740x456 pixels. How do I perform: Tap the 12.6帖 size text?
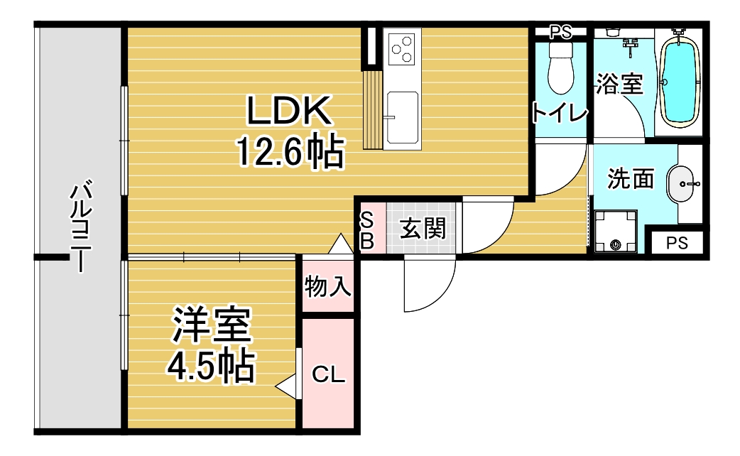click(290, 151)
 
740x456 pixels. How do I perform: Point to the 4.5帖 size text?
click(211, 365)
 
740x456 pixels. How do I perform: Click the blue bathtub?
click(679, 80)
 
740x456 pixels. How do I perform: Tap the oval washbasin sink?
click(682, 184)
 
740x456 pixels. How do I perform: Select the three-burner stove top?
click(402, 49)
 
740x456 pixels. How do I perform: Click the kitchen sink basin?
click(402, 117)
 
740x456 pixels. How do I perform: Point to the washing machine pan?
click(616, 232)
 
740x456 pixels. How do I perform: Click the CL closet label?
click(329, 375)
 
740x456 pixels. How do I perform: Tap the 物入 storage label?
click(328, 286)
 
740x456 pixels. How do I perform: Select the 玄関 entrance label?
click(423, 229)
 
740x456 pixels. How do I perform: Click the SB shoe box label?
click(367, 231)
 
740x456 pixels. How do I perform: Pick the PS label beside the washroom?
click(677, 243)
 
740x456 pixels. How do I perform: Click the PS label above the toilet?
click(560, 32)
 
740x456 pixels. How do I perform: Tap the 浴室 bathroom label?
click(619, 84)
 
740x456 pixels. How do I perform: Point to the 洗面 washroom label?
click(631, 179)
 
